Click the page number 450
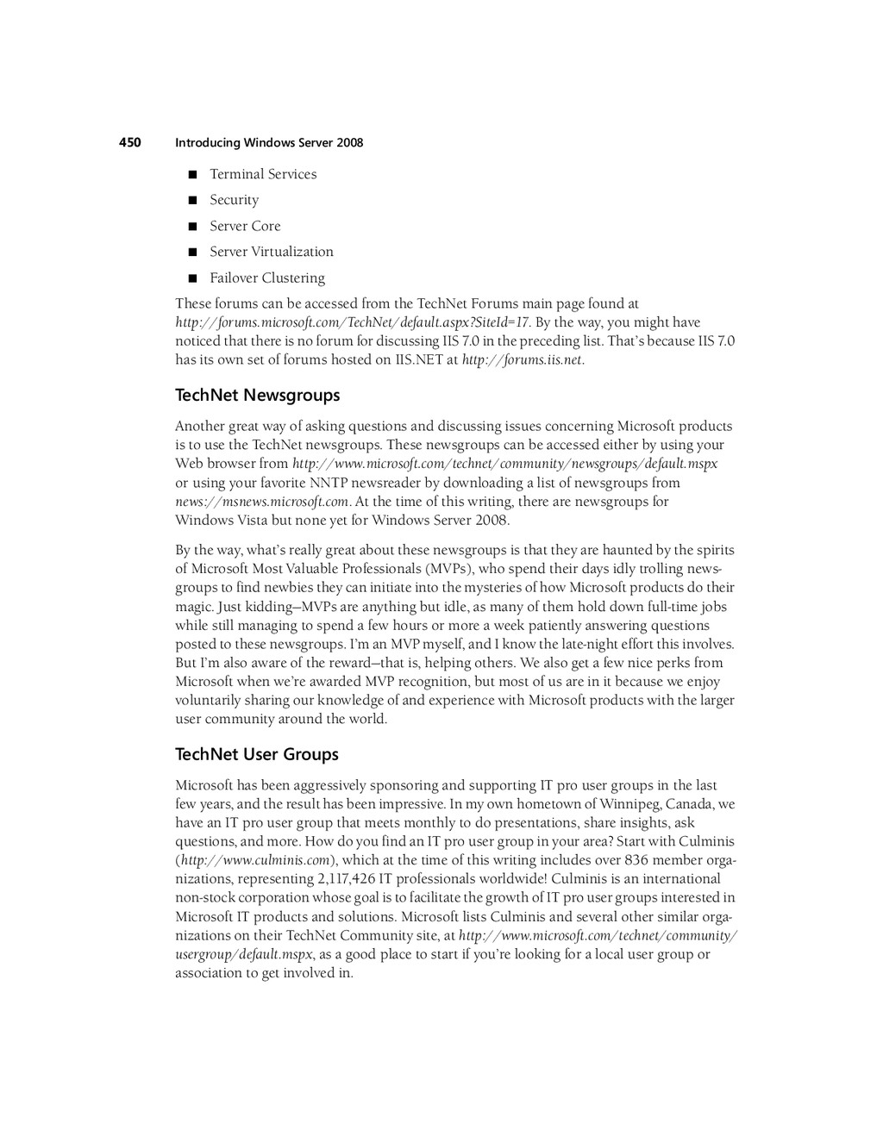point(129,142)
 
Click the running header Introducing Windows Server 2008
point(269,143)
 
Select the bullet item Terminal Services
point(263,174)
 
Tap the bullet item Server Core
point(245,226)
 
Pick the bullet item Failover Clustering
point(267,278)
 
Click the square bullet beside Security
point(192,201)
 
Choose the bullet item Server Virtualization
point(272,252)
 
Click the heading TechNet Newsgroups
point(258,396)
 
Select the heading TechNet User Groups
point(257,755)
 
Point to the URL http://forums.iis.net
point(523,360)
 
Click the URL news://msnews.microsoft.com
point(262,502)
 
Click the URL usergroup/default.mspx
point(244,954)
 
